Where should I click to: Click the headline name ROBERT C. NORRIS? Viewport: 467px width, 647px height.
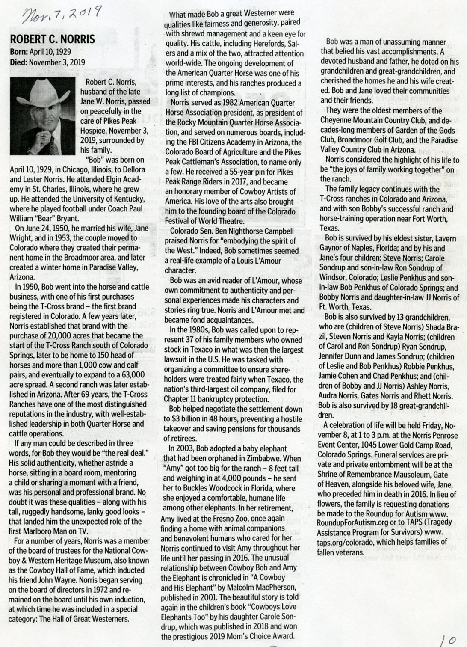tap(52, 40)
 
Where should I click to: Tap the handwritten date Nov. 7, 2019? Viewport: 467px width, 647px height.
tap(60, 17)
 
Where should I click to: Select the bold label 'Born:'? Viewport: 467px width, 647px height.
tap(19, 52)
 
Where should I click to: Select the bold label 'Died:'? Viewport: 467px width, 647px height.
tap(19, 62)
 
